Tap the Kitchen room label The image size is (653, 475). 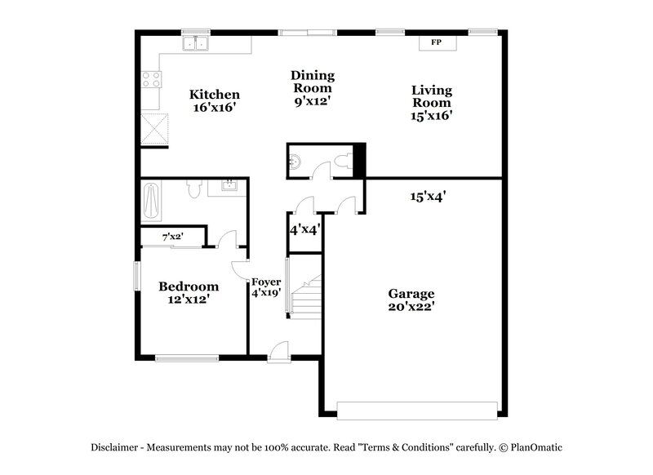click(x=215, y=100)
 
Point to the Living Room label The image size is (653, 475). click(x=432, y=103)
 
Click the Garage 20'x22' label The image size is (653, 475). click(x=411, y=300)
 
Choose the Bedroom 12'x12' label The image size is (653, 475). click(x=189, y=292)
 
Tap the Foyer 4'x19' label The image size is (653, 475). click(x=266, y=286)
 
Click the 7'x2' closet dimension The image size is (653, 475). click(x=171, y=237)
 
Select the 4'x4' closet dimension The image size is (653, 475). click(x=304, y=230)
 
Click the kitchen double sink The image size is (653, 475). click(x=197, y=44)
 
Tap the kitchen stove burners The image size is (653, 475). click(x=152, y=79)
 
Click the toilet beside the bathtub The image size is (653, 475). click(x=193, y=189)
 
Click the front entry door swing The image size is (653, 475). click(x=278, y=349)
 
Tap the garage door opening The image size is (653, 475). click(x=417, y=408)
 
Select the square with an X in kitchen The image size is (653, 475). click(x=155, y=127)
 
